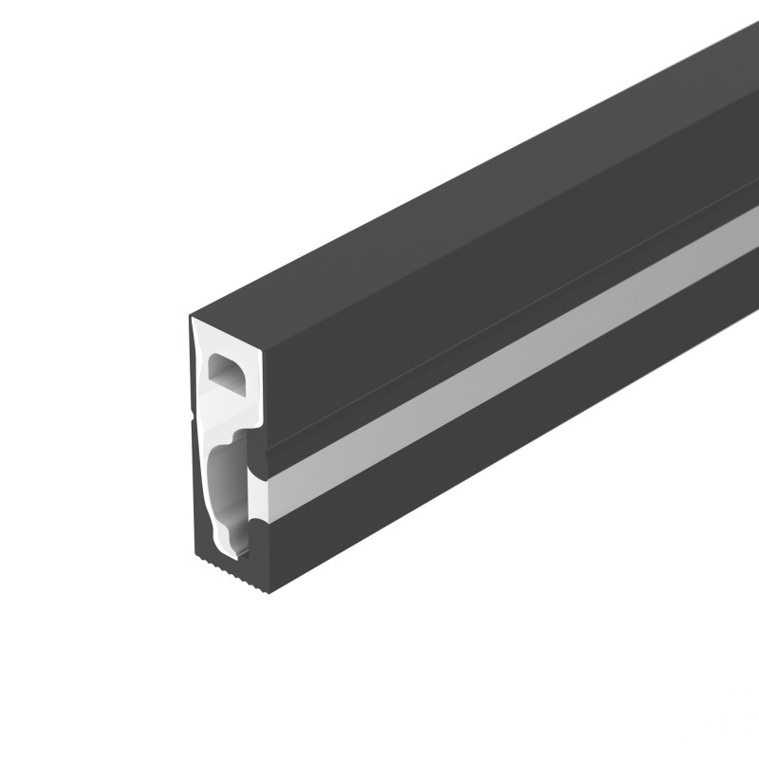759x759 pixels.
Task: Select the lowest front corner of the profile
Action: [x=269, y=591]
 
